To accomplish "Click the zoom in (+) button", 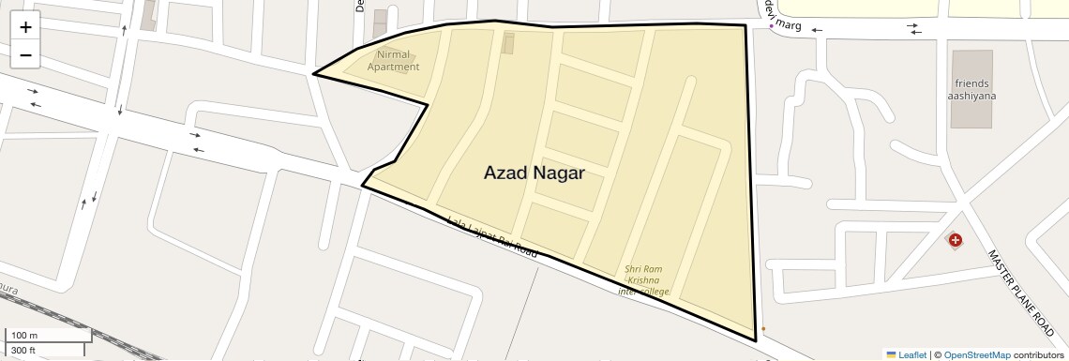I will click(25, 26).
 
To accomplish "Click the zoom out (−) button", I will click(25, 54).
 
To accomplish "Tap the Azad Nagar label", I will click(534, 173).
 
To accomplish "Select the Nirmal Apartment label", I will click(393, 60).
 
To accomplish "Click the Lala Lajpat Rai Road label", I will click(492, 238).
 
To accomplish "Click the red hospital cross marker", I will click(955, 241).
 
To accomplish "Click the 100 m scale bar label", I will click(24, 336).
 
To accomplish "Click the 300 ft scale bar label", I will click(23, 351).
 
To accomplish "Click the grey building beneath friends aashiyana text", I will click(971, 113).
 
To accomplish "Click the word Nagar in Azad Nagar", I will click(557, 173).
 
